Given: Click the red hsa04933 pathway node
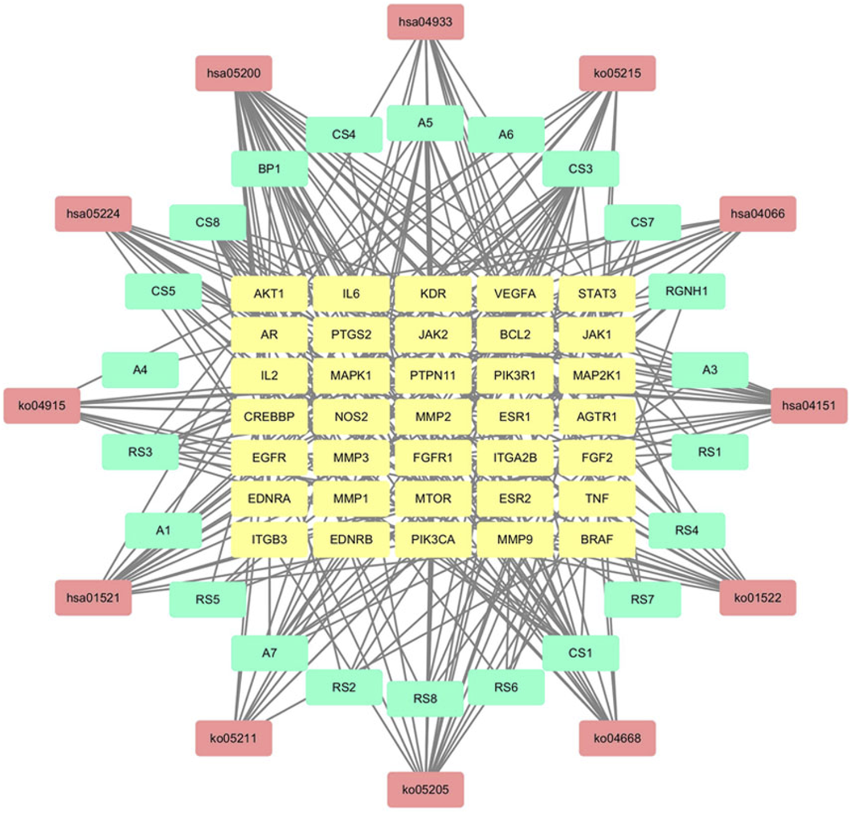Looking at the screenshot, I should tap(425, 22).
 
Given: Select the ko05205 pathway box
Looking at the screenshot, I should tap(425, 789).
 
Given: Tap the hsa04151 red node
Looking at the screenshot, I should tap(809, 405).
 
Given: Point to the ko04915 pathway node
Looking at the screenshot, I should tap(42, 405).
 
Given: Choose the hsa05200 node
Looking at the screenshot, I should tap(234, 73).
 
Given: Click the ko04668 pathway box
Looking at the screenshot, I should tap(617, 738).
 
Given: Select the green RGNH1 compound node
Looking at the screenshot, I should tap(686, 291).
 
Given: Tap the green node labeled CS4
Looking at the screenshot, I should tap(344, 135).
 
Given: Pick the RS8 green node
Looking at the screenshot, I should tap(425, 698).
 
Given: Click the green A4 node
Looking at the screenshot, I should tap(140, 370).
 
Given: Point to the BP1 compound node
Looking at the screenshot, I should tap(269, 169).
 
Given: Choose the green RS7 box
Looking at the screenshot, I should tap(642, 599).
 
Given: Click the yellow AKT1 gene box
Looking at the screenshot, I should tap(269, 294).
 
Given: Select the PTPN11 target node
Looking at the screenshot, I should tap(433, 375).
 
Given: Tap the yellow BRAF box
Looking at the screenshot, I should tap(597, 539).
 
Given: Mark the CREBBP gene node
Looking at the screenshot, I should tap(269, 417).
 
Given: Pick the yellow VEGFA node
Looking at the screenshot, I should tap(515, 294).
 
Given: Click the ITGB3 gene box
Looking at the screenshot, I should tap(269, 539).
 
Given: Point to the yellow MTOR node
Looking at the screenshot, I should tap(433, 498).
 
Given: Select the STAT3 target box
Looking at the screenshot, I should tap(597, 294).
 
